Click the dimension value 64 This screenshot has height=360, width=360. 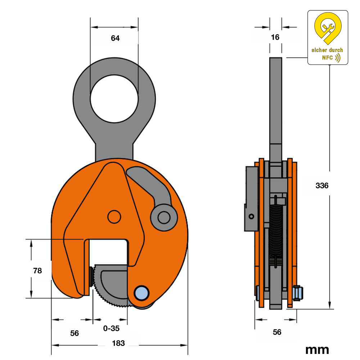pyautogui.click(x=115, y=38)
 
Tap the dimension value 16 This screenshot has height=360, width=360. pyautogui.click(x=275, y=37)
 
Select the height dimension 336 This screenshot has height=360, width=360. pyautogui.click(x=322, y=186)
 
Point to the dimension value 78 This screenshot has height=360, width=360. pyautogui.click(x=37, y=271)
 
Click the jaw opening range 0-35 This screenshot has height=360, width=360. pyautogui.click(x=111, y=328)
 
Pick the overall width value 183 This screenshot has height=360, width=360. pyautogui.click(x=118, y=343)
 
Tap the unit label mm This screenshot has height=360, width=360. pyautogui.click(x=317, y=349)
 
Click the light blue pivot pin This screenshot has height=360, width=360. pyautogui.click(x=141, y=293)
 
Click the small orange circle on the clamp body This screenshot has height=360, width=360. pyautogui.click(x=114, y=217)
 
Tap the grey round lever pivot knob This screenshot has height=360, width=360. pyautogui.click(x=164, y=217)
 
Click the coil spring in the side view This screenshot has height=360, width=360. pyautogui.click(x=276, y=230)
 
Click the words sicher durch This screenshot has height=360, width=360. pyautogui.click(x=327, y=50)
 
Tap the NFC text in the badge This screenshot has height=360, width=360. pyautogui.click(x=328, y=58)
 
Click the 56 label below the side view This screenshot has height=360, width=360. pyautogui.click(x=277, y=332)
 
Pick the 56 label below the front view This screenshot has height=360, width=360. pyautogui.click(x=75, y=333)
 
